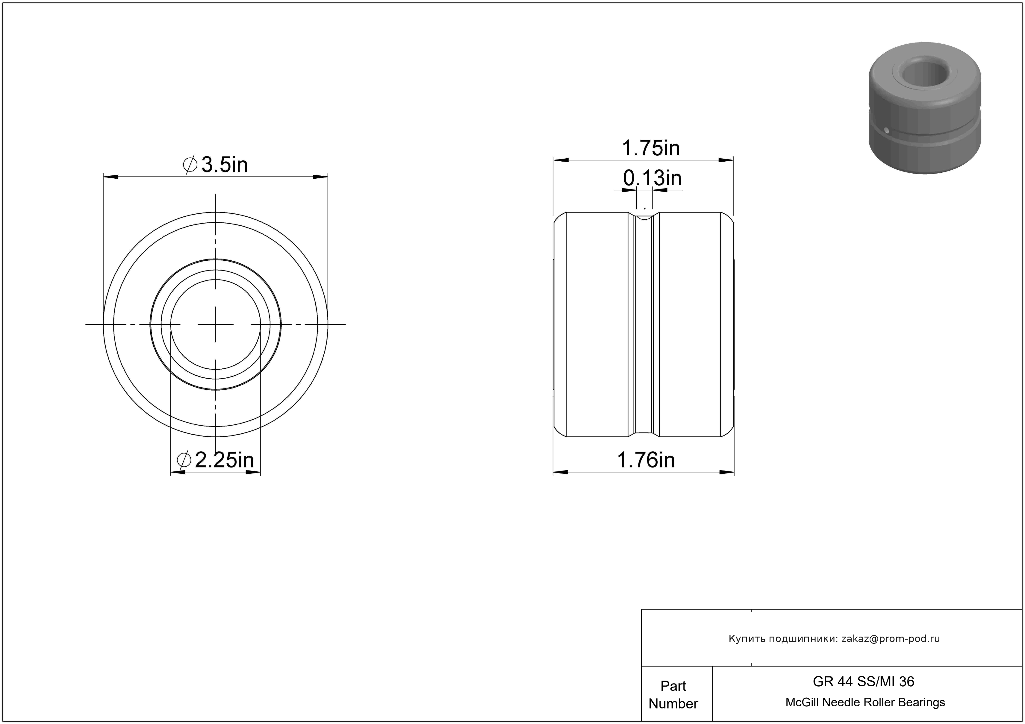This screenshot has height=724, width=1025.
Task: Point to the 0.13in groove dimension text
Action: pos(652,178)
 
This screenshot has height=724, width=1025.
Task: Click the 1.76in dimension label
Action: pos(646,460)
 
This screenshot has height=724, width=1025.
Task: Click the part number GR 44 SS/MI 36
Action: pos(863,681)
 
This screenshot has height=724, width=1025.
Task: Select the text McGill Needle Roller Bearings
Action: pos(865,702)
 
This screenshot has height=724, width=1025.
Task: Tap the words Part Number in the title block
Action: pos(673,695)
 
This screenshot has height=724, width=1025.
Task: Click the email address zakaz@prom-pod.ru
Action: pos(891,638)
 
